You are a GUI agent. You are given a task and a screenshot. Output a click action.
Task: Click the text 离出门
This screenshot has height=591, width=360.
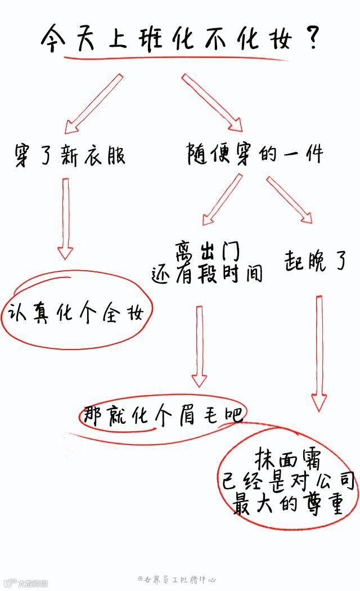(x=207, y=250)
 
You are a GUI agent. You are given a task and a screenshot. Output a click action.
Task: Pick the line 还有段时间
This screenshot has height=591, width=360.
(x=207, y=274)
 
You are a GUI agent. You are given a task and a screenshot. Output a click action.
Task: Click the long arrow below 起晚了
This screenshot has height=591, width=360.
(x=319, y=352)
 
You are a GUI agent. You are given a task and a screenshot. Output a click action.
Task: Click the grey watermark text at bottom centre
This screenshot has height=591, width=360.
(x=178, y=579)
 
